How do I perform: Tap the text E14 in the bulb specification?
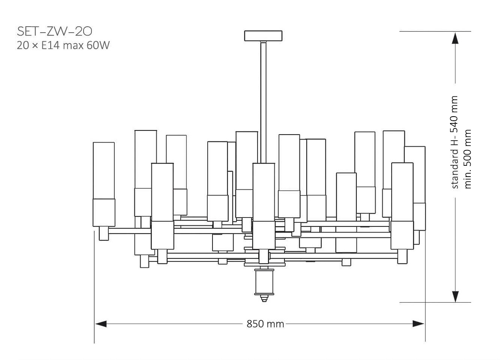pos(51,45)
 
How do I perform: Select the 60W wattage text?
pos(98,45)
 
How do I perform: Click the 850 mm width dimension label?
pos(265,324)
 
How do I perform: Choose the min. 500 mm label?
pos(467,159)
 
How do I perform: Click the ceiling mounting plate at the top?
pos(263,36)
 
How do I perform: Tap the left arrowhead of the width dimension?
pos(101,324)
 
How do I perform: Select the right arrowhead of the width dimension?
pos(418,324)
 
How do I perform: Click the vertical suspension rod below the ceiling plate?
pos(263,102)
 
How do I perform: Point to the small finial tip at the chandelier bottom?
pos(264,298)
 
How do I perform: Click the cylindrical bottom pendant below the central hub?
pos(264,282)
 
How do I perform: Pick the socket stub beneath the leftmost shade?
pos(104,233)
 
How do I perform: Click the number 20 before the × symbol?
pos(23,45)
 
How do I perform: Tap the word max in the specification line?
pos(73,46)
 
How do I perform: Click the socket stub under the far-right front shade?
pos(402,256)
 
